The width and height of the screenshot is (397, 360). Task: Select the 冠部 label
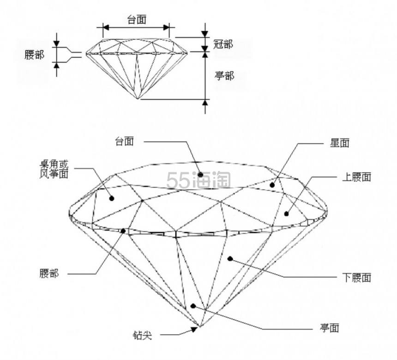[223, 45]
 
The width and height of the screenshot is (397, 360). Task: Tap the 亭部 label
[224, 75]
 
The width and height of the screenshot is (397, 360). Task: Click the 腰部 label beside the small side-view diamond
[34, 55]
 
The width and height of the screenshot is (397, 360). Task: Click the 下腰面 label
[356, 277]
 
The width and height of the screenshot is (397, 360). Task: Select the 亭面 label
[329, 328]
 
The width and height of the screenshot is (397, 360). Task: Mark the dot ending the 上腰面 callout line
[286, 214]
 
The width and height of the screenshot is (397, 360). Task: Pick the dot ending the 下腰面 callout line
[229, 259]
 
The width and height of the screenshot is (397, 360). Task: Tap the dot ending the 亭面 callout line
[193, 305]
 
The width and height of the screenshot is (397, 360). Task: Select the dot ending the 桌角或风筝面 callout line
[111, 198]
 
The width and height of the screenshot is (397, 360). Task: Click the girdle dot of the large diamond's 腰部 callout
[123, 231]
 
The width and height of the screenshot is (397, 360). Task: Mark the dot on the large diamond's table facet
[200, 175]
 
